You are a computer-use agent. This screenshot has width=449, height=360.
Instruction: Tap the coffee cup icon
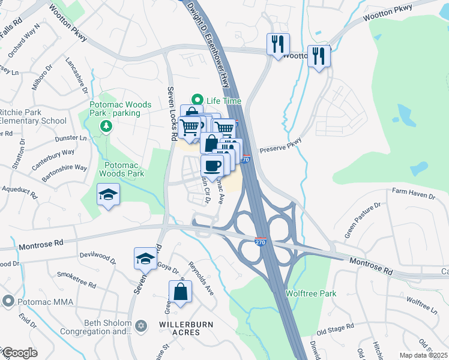[212, 166]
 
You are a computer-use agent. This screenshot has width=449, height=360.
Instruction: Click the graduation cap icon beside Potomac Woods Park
[108, 194]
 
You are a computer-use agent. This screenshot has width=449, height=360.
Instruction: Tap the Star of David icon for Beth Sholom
[141, 326]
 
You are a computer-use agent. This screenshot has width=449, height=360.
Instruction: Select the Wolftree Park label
[310, 293]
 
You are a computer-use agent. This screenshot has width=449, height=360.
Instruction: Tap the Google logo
[20, 353]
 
